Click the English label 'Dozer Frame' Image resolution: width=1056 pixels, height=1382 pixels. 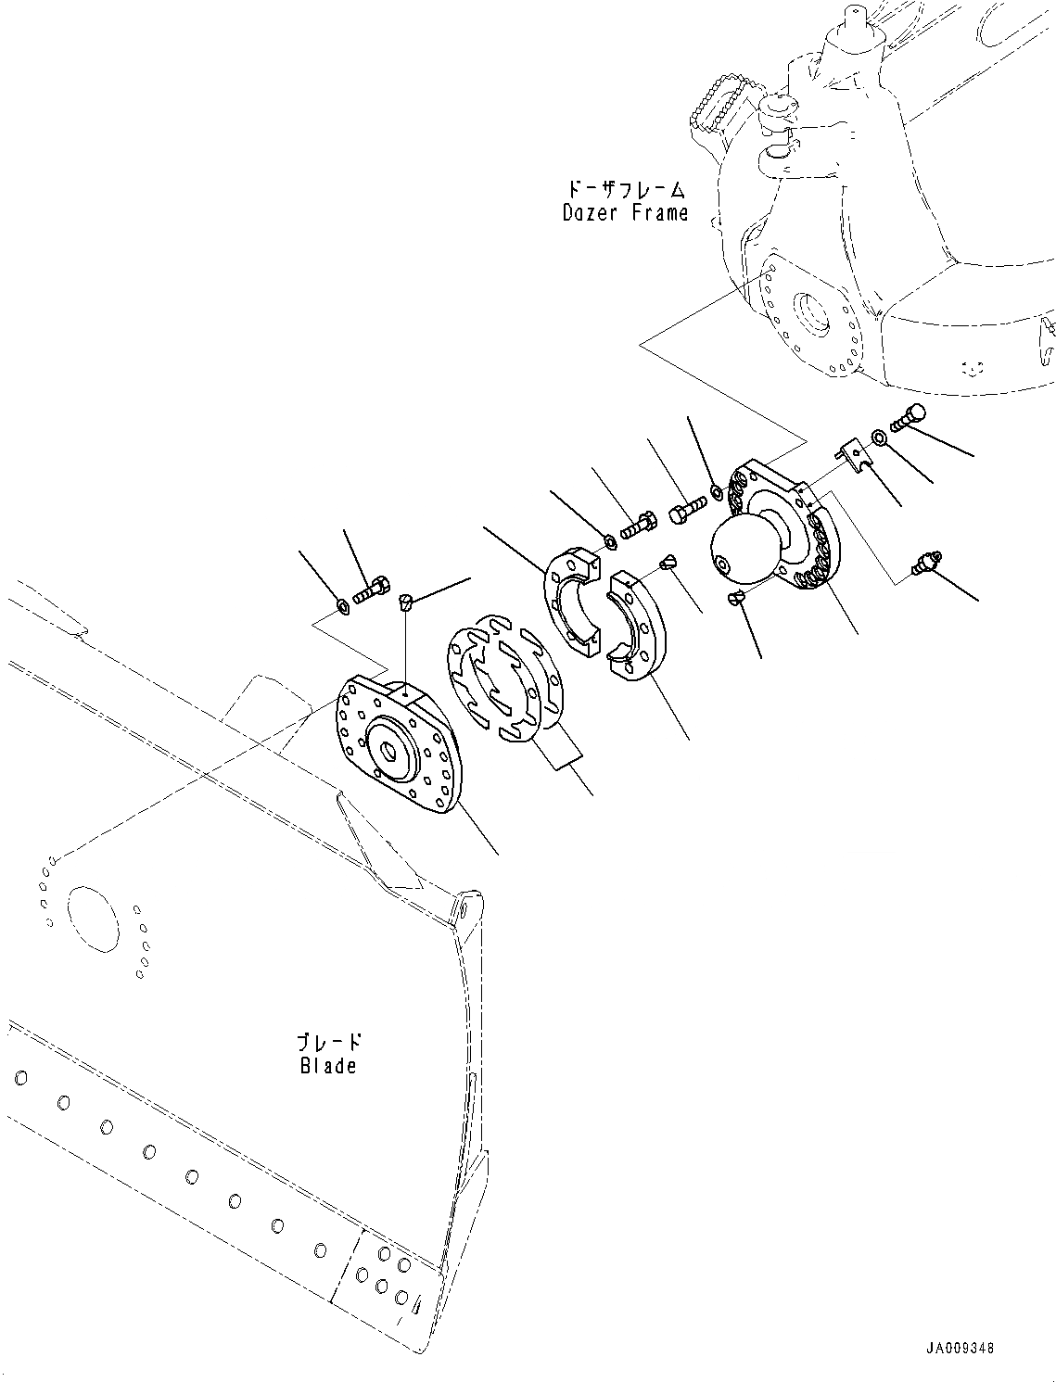point(625,212)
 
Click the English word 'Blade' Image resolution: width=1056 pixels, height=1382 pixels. point(328,1065)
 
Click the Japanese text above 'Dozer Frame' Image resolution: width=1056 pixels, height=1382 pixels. point(627,190)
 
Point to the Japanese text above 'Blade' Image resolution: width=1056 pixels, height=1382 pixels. point(329,1042)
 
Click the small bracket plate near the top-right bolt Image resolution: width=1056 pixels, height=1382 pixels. point(856,456)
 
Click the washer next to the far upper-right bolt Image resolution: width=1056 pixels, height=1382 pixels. point(878,435)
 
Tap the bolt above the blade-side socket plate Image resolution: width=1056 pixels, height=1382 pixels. point(372,590)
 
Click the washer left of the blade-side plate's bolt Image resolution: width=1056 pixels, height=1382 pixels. point(343,606)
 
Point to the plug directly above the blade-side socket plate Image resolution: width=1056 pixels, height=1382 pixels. point(404,603)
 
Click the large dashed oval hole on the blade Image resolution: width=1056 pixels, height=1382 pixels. point(93,917)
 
